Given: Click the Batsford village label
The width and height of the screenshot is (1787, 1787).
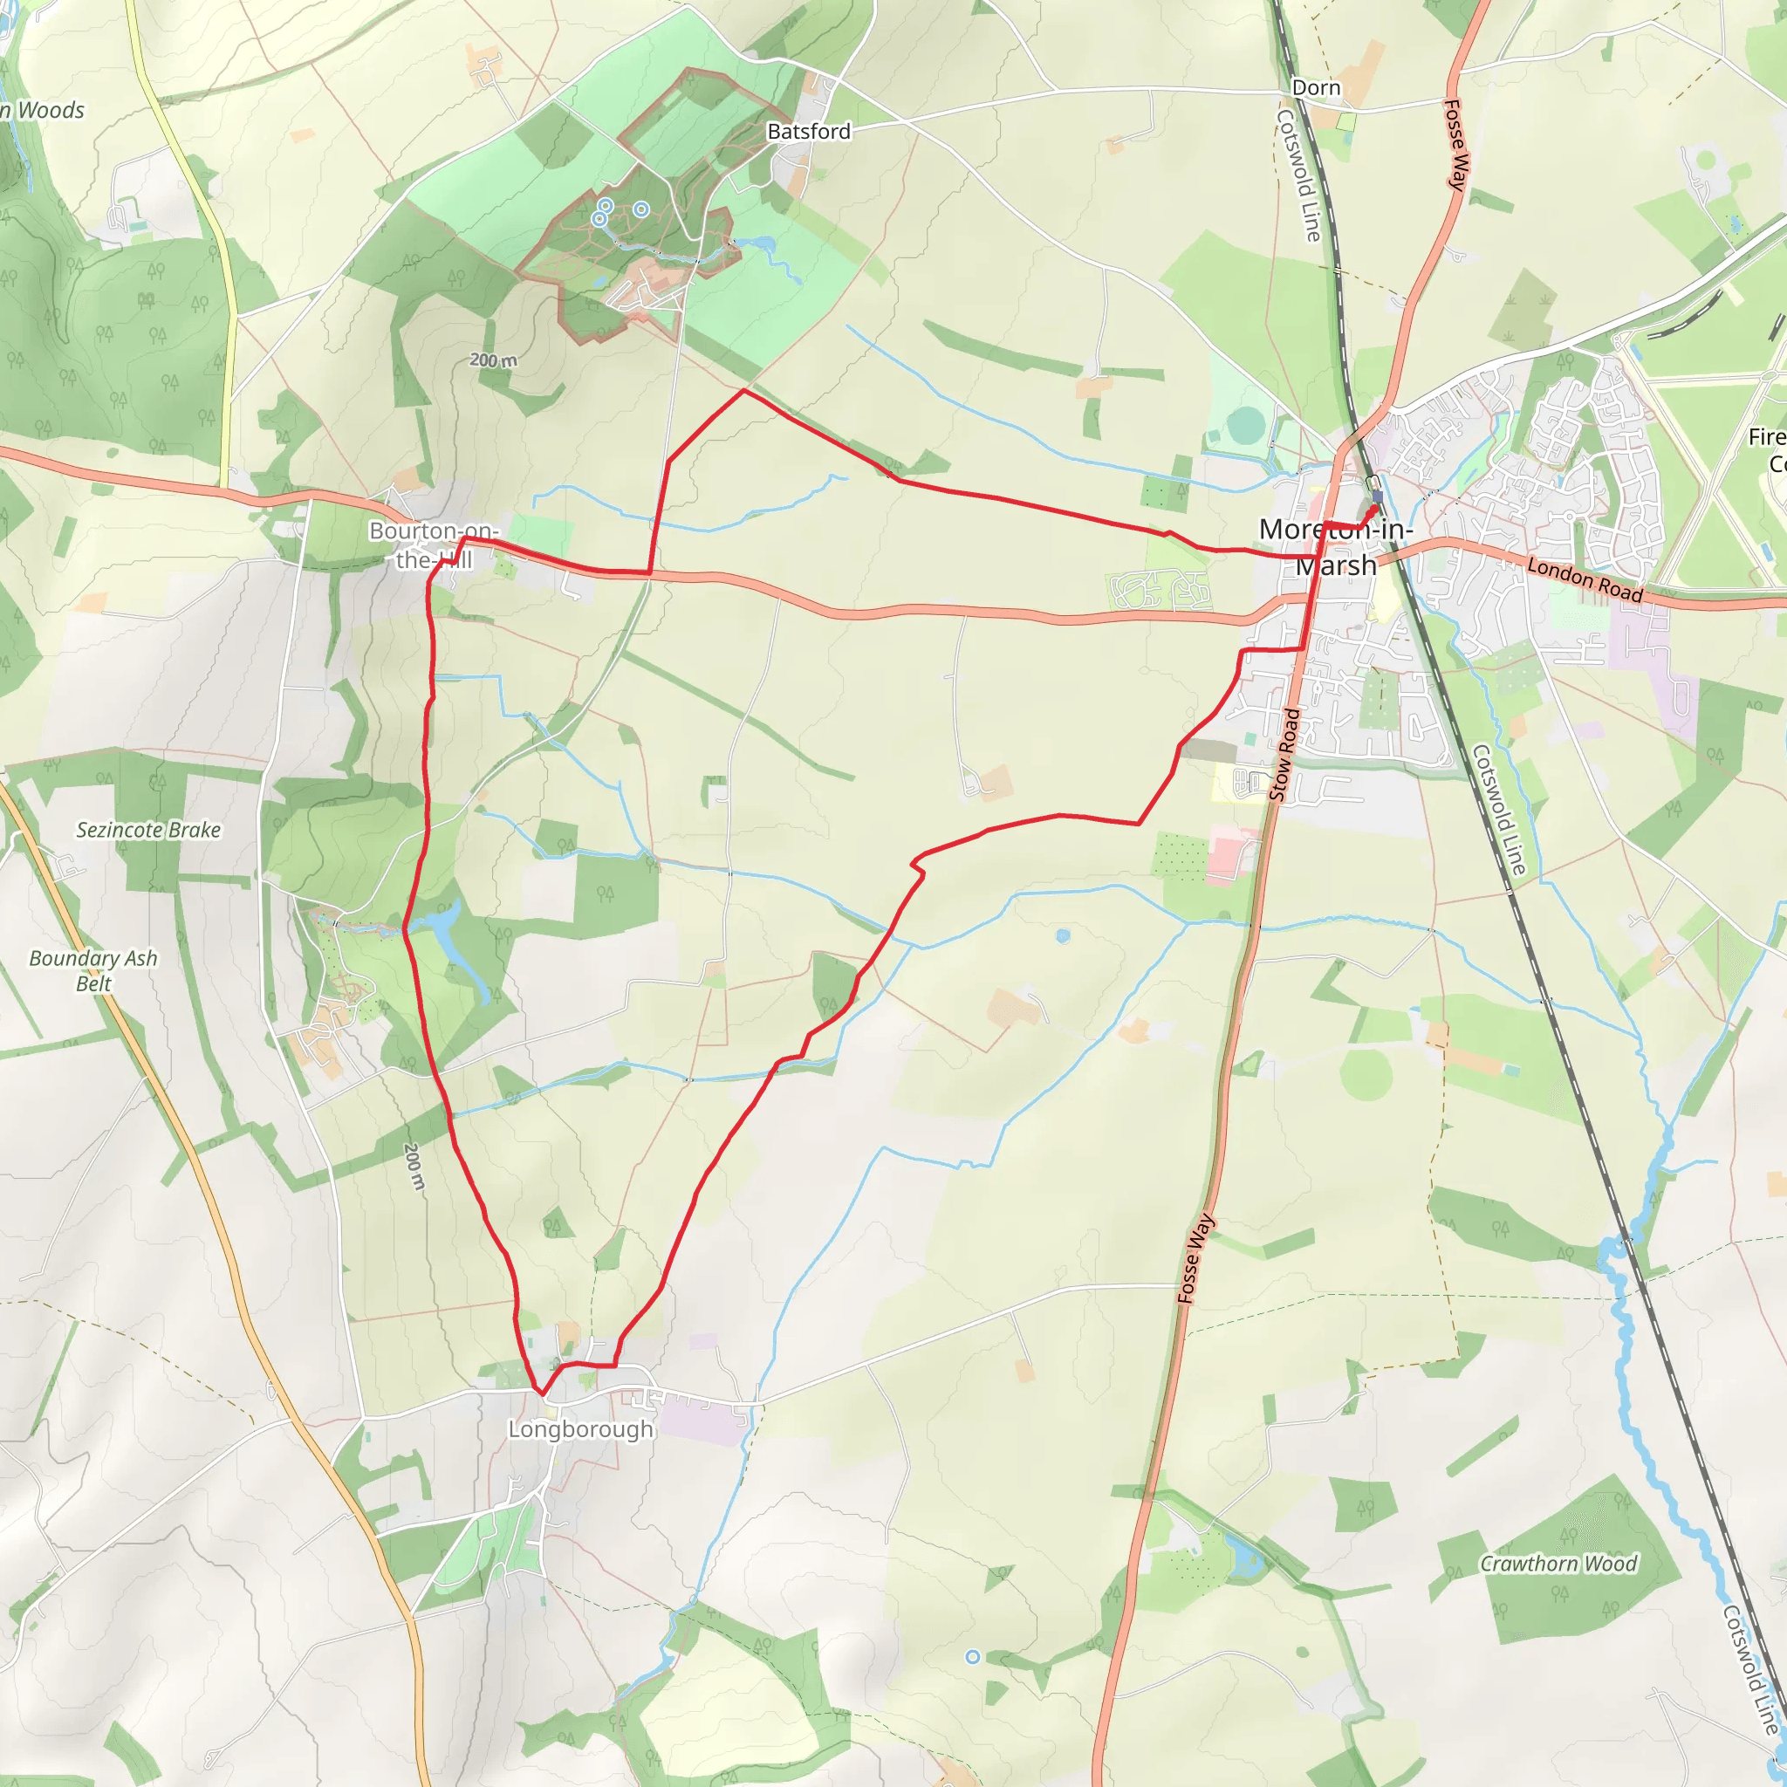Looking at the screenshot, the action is click(808, 132).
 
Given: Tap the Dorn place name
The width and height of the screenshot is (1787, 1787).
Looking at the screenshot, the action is click(1315, 88).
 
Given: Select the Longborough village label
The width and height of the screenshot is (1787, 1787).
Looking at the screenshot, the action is click(580, 1429).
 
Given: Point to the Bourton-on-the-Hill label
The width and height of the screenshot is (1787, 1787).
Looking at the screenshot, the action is click(434, 544).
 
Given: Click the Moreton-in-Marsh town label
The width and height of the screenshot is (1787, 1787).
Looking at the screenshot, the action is click(1336, 546).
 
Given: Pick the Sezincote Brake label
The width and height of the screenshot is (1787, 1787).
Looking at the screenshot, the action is click(148, 830).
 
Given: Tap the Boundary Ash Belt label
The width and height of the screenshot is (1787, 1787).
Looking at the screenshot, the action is click(92, 970).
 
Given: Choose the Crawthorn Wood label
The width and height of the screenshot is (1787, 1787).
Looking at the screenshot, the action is click(1558, 1563).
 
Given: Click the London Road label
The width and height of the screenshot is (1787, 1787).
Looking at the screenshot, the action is click(1585, 580).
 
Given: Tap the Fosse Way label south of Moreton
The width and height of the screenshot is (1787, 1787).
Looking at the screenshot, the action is click(1195, 1259).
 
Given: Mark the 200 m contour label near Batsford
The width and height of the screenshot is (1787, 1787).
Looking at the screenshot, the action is click(493, 359).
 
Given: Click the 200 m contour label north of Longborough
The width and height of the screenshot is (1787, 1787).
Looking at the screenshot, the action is click(414, 1167).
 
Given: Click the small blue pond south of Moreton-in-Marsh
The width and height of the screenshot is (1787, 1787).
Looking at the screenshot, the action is click(1063, 936).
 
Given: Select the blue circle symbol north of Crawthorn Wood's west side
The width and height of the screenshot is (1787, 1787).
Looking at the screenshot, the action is click(972, 1658).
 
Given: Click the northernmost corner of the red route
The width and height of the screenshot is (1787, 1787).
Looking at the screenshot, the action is click(744, 390).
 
